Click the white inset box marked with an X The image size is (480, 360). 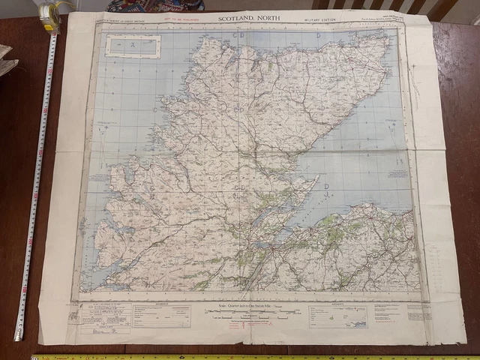pyautogui.click(x=133, y=45)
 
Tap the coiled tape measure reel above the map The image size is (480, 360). pyautogui.click(x=51, y=13)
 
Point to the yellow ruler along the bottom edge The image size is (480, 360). pyautogui.click(x=247, y=356)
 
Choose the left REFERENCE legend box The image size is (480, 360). pyautogui.click(x=162, y=316)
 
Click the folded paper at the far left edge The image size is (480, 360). pyautogui.click(x=6, y=60)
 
